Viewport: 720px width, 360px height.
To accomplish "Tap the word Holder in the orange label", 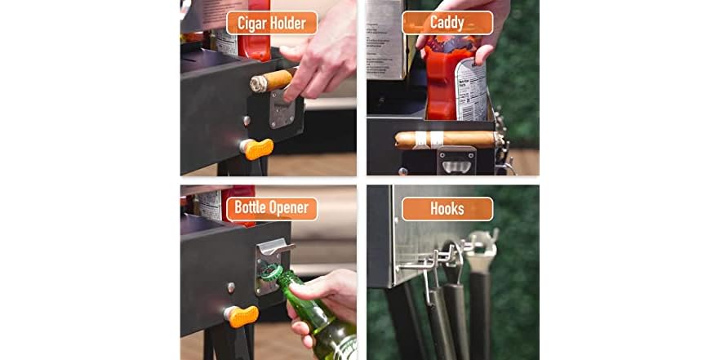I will tap(289, 23).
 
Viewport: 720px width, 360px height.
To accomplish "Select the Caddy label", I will tap(447, 23).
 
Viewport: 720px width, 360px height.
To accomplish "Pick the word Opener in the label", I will tap(292, 208).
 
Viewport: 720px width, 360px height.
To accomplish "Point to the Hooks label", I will tap(447, 208).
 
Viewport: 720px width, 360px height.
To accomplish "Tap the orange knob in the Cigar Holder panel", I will tap(257, 149).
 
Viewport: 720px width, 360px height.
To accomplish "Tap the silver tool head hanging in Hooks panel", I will tap(482, 246).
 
